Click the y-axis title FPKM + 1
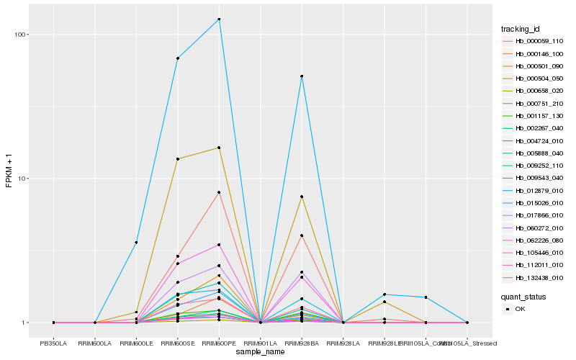[x=9, y=171]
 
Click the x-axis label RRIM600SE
[x=177, y=343]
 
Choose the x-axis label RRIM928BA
[x=302, y=343]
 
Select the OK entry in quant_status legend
[x=520, y=308]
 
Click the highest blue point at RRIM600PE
[x=219, y=19]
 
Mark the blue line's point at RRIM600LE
[x=136, y=243]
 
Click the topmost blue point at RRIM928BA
[x=302, y=76]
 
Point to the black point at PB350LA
[x=53, y=323]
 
